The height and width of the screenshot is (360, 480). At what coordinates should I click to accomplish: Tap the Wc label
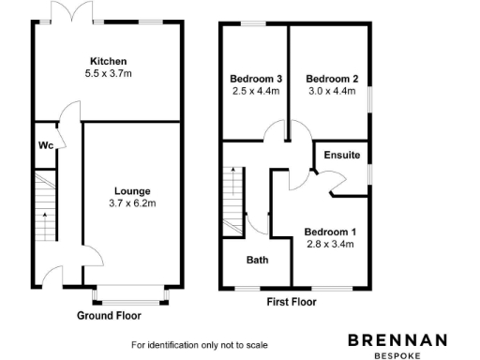point(45,145)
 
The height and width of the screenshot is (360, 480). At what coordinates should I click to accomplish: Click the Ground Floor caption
point(109,316)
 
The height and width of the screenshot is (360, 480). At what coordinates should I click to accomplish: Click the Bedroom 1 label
point(330,232)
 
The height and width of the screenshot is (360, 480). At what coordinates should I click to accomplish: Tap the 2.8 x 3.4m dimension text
point(330,245)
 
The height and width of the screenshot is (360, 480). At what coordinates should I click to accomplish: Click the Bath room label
point(258,260)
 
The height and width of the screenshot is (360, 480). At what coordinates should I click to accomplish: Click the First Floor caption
point(292,302)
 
